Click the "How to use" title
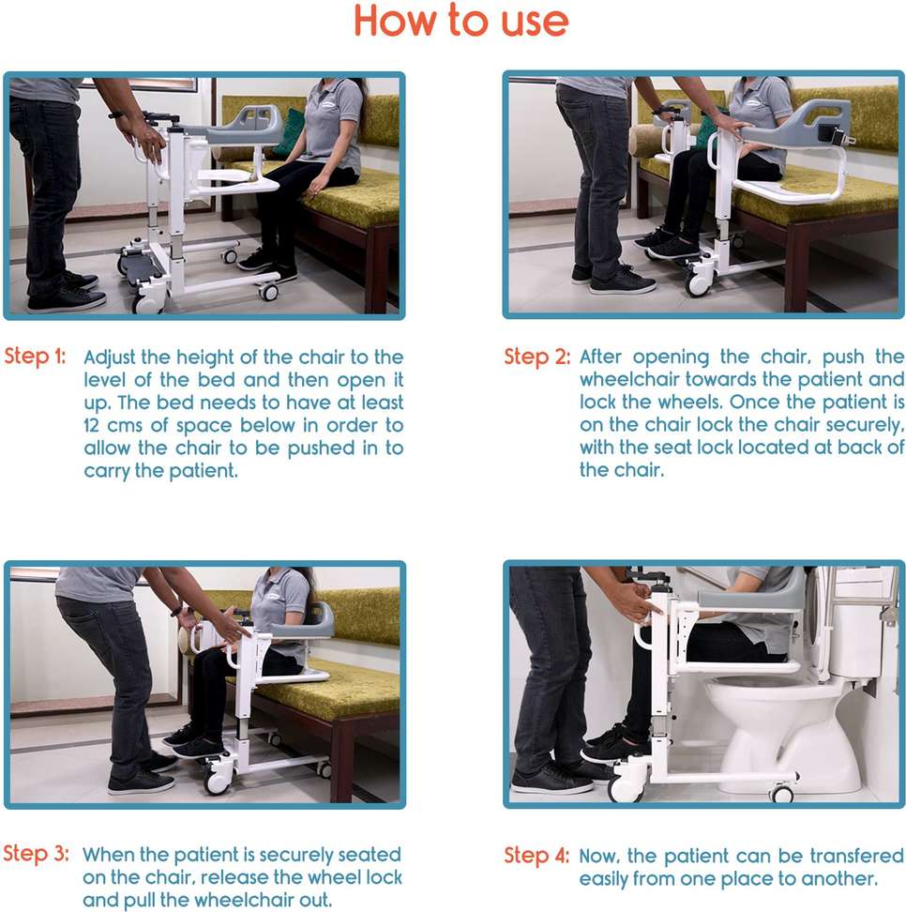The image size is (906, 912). [x=461, y=21]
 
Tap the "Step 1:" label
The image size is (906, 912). [x=36, y=356]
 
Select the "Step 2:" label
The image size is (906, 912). [x=536, y=356]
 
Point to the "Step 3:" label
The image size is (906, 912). [x=36, y=853]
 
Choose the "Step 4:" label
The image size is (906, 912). [x=536, y=855]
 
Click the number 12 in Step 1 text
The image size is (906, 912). [x=91, y=425]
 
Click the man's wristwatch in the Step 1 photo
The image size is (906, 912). [x=116, y=114]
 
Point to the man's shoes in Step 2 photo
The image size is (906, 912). [x=613, y=278]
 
